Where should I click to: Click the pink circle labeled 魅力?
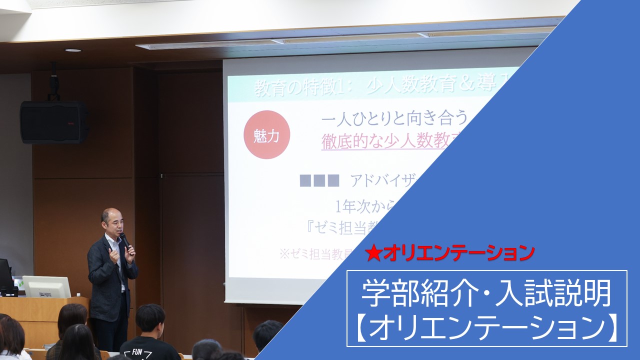(266, 135)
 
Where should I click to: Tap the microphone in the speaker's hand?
(124, 239)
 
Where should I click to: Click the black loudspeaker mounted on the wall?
(53, 122)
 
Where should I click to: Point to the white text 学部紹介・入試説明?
(486, 293)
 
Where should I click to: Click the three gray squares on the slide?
(319, 180)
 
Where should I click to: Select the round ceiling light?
(73, 50)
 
